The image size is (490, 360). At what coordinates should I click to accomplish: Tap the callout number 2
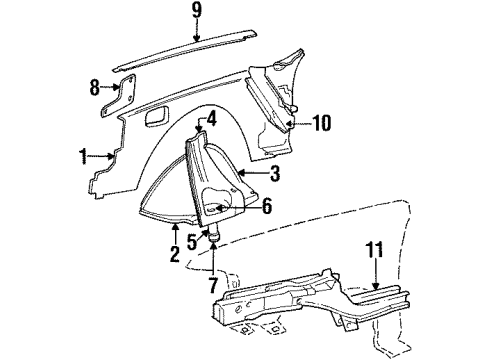coord(174,253)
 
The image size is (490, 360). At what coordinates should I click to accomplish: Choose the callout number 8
coord(95,87)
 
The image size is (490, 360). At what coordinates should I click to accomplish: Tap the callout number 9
coord(196,14)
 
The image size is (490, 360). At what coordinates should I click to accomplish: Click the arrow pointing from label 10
coord(295,124)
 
